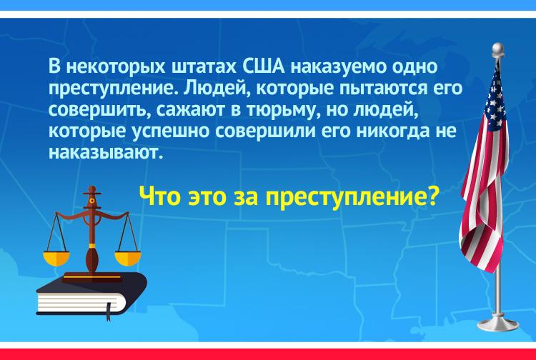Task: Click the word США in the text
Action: click(x=263, y=66)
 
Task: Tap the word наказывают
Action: click(x=104, y=153)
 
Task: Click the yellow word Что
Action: click(x=159, y=197)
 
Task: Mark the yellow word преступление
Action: click(x=345, y=198)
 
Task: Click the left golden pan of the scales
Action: click(x=56, y=259)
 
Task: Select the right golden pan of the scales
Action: click(x=127, y=259)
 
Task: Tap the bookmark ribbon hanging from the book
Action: click(x=109, y=312)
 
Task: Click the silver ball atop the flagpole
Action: click(x=497, y=48)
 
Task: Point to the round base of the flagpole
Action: click(x=497, y=324)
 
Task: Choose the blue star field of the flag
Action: click(x=496, y=99)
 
